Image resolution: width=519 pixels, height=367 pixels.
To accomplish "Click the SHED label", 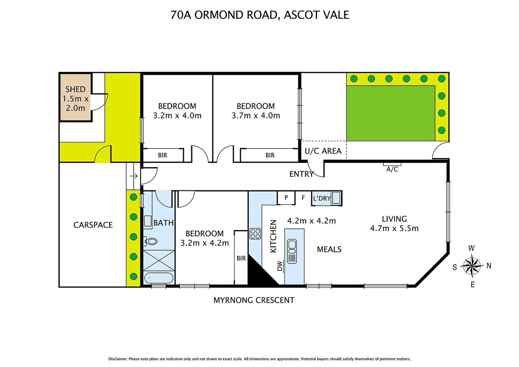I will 75,89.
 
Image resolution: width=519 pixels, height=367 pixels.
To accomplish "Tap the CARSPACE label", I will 93,225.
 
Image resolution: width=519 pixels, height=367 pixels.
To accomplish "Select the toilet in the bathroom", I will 150,241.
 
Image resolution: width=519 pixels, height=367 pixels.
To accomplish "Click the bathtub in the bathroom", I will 158,278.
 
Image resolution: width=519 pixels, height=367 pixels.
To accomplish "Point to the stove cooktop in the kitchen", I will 255,234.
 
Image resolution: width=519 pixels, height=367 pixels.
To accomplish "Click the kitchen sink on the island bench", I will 292,251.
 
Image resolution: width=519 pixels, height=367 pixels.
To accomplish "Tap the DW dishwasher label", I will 280,266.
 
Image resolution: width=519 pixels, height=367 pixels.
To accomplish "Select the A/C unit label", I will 392,169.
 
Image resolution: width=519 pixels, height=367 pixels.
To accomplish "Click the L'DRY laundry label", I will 321,198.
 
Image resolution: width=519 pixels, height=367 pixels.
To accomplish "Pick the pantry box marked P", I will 286,197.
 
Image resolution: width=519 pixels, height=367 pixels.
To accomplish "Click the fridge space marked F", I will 303,197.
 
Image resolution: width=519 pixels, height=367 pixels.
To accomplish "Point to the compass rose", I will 472,266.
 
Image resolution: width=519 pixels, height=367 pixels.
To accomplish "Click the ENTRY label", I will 301,174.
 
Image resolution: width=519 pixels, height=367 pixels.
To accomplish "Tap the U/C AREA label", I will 323,151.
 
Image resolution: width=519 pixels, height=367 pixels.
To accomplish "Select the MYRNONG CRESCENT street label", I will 254,300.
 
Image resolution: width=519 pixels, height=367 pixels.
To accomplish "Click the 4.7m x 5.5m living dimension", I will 394,228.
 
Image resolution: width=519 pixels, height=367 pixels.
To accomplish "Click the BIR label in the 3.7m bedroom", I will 270,155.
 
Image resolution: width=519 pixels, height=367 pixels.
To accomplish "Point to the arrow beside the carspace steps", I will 133,176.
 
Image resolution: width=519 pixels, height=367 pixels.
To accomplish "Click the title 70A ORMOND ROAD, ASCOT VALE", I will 259,15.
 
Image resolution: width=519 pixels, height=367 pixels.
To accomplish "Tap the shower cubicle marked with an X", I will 159,260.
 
